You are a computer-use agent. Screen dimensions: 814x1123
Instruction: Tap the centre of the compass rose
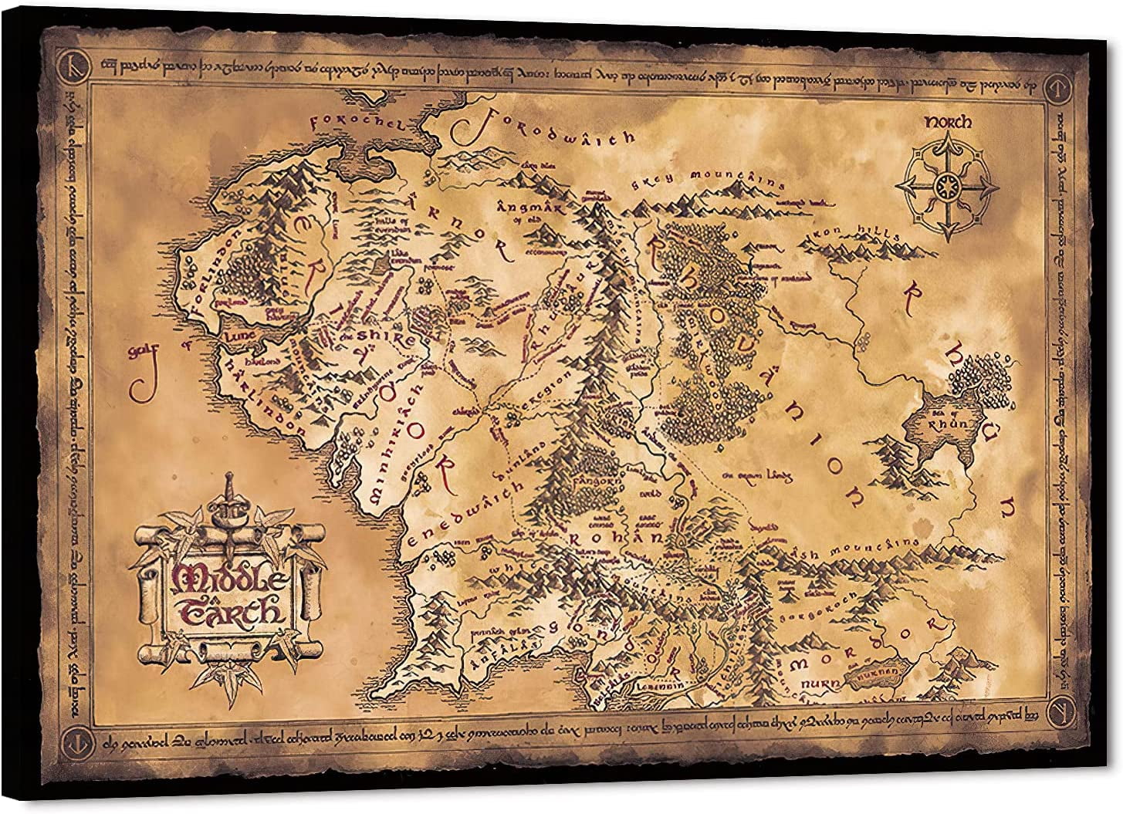pos(943,184)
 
